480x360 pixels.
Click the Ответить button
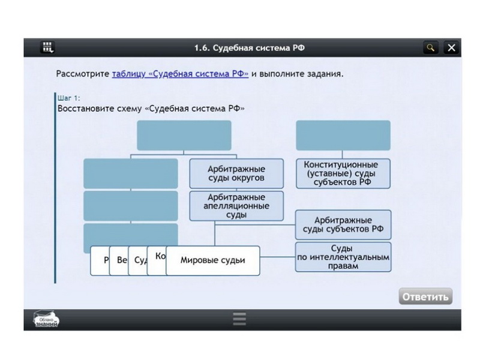click(425, 296)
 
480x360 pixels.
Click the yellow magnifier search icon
click(430, 47)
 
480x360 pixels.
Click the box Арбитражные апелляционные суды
click(236, 206)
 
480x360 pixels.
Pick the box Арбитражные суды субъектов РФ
click(343, 225)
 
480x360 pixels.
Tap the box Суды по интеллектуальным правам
click(343, 257)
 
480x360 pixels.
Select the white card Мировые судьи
click(213, 260)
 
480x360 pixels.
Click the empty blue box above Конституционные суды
click(343, 135)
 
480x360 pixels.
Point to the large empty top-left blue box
click(184, 135)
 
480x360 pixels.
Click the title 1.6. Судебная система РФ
click(244, 47)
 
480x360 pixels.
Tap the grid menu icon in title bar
click(48, 47)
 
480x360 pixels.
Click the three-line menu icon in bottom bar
click(239, 319)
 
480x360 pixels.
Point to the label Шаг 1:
click(68, 97)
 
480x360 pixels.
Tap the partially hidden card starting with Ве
click(122, 261)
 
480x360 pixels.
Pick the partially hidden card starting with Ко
click(158, 257)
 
